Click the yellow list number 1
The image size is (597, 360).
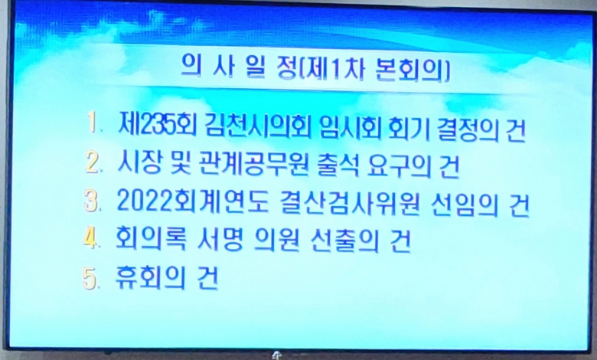(x=92, y=123)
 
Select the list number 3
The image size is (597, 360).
(x=91, y=201)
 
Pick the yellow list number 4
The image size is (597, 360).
(x=90, y=238)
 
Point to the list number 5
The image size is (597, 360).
(x=90, y=279)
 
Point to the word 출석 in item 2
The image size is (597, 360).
(x=338, y=166)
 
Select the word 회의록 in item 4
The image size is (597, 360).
(x=151, y=239)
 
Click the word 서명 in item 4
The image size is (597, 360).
(x=220, y=240)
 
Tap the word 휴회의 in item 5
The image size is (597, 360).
(x=150, y=278)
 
